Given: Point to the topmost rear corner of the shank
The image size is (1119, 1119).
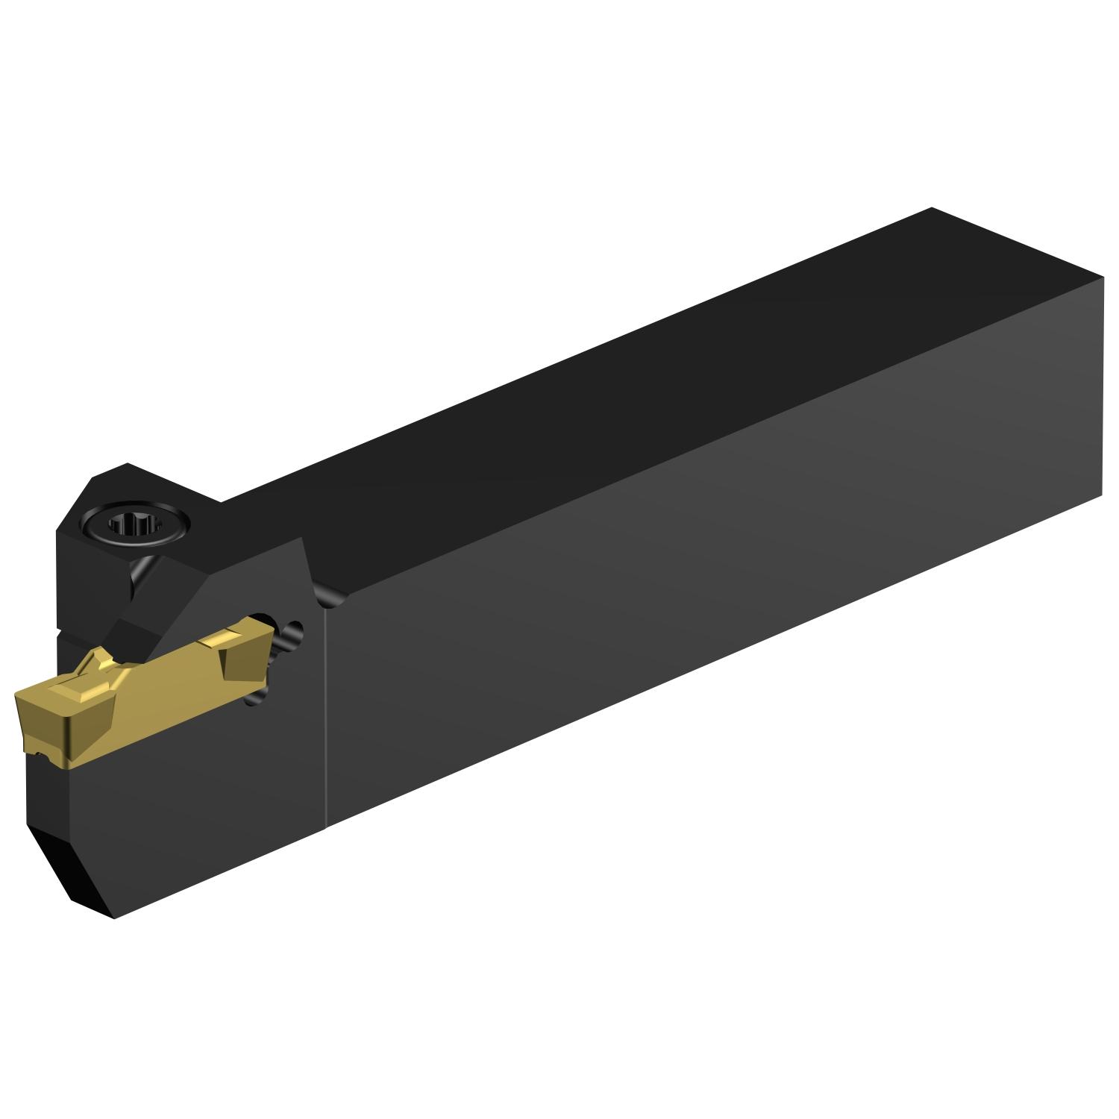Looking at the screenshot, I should point(932,208).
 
